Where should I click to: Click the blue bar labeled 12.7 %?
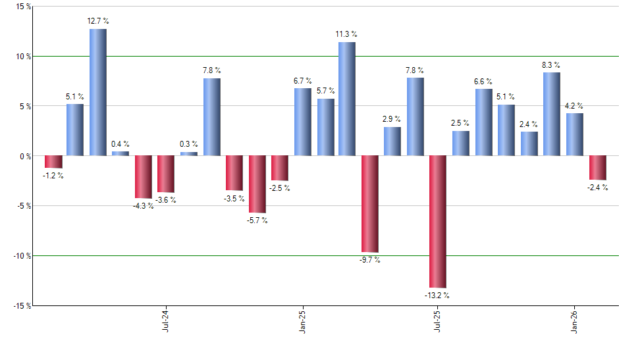coord(97,92)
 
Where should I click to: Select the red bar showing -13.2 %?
coord(438,221)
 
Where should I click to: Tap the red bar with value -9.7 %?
coord(369,203)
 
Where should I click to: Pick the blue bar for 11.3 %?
coord(347,99)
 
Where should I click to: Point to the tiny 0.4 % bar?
coord(121,153)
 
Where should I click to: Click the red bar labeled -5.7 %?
coord(257,184)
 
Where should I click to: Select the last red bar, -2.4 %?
coord(597,168)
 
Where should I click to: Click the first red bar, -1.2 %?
coord(53,162)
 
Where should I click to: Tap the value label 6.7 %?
coord(302,80)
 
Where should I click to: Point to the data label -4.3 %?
coord(143,206)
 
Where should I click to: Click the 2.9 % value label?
coord(392,119)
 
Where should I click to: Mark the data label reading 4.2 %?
coord(574,105)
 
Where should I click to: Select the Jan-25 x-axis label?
coord(302,321)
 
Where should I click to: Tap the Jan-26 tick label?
coord(574,321)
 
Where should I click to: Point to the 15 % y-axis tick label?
coord(23,7)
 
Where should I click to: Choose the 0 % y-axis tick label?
coord(24,156)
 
